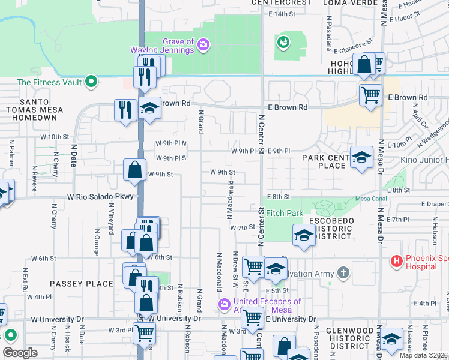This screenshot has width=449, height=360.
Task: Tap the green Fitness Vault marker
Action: coord(91,81)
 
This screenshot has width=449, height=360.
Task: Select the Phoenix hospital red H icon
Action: coord(396,261)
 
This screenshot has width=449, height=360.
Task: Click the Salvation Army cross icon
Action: coord(343,274)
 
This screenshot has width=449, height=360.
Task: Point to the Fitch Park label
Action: coord(284,213)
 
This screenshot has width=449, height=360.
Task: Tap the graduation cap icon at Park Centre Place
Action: coord(361,157)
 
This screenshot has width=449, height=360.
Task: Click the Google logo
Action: coord(20,353)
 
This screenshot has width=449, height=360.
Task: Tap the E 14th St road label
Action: coord(283,14)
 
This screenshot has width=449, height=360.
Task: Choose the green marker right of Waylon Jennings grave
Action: coord(283,41)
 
